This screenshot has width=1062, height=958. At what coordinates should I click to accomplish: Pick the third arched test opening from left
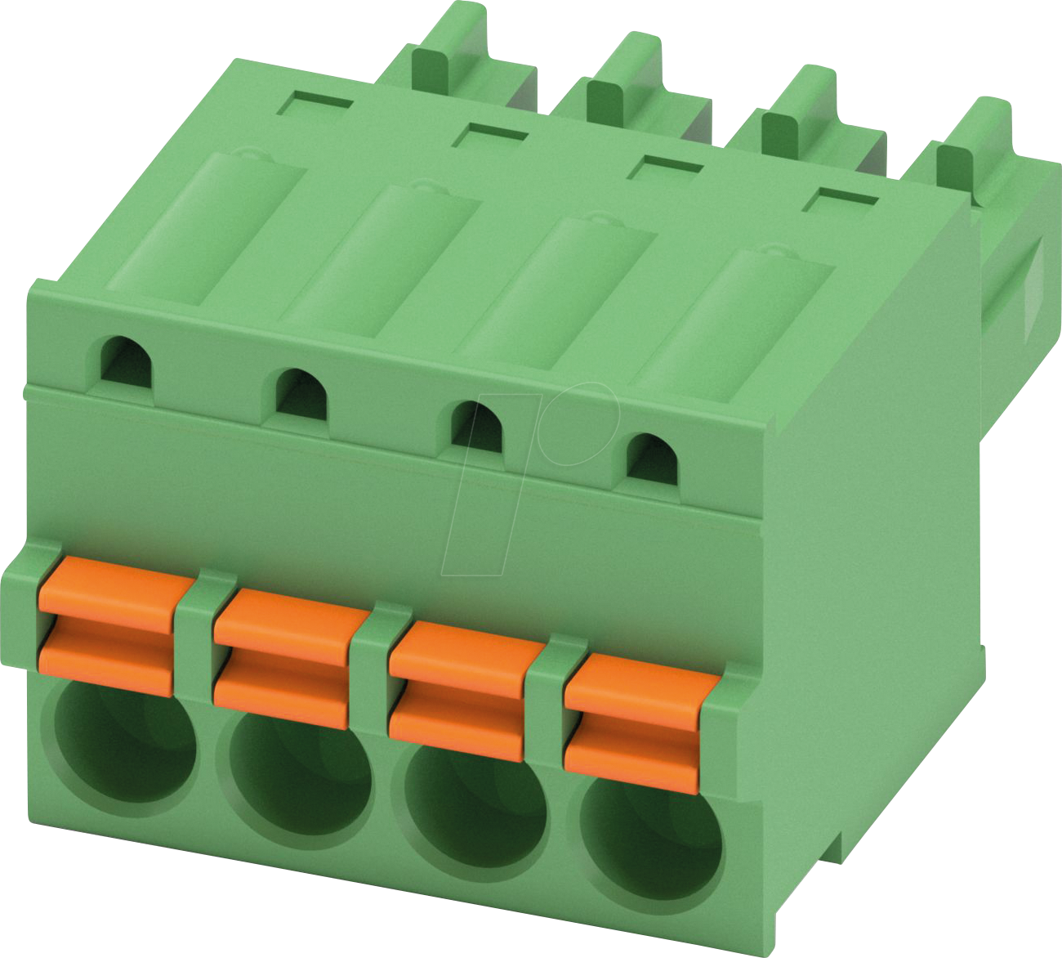tap(477, 425)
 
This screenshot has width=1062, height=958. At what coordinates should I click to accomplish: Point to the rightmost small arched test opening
tap(653, 458)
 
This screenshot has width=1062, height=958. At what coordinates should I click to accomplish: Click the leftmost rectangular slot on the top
tap(315, 105)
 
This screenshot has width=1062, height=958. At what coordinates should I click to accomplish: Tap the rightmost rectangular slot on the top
tap(841, 197)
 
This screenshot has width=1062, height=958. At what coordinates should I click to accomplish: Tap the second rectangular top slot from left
tap(490, 135)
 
